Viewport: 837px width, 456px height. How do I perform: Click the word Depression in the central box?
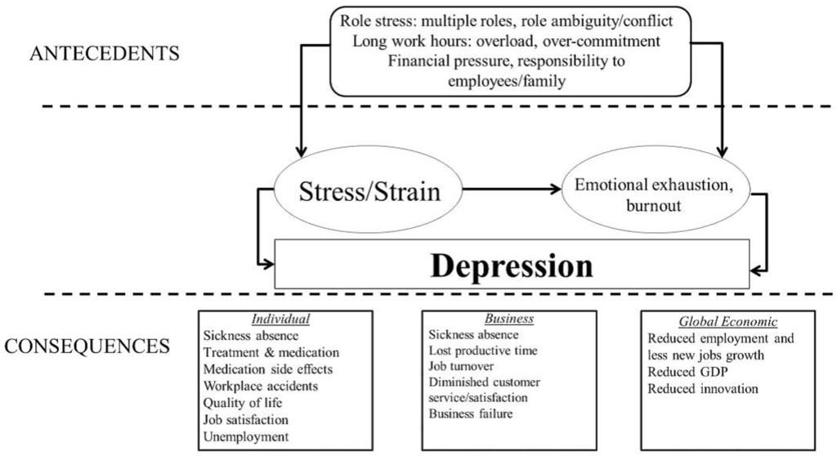tap(512, 265)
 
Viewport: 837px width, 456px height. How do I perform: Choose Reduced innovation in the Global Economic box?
tap(703, 388)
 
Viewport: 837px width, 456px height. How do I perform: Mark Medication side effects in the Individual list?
tap(268, 369)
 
